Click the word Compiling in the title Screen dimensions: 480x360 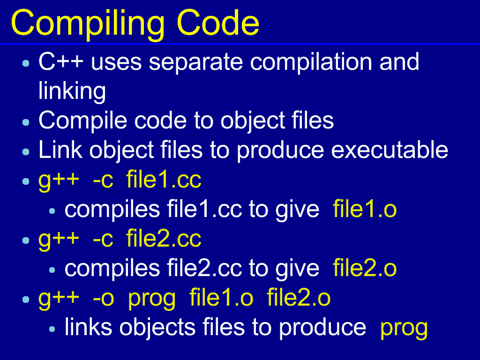click(88, 24)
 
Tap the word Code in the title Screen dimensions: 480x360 click(218, 22)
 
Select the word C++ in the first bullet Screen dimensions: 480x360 click(61, 61)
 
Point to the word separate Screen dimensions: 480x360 click(196, 62)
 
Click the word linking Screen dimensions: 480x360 click(72, 90)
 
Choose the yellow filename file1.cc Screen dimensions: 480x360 click(164, 179)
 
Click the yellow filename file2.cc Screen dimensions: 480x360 click(164, 238)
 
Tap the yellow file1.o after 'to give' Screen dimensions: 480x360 click(365, 209)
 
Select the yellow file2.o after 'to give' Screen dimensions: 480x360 click(365, 268)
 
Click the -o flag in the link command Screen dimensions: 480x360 click(103, 299)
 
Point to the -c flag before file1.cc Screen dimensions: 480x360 click(103, 180)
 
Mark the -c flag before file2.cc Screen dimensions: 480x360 click(103, 240)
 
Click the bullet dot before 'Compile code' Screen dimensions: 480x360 click(26, 122)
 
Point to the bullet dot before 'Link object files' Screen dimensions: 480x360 click(26, 151)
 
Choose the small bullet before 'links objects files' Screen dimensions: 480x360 click(52, 329)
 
